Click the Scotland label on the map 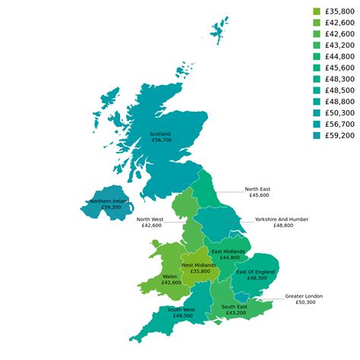[x=161, y=134]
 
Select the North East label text [x=257, y=189]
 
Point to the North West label [x=149, y=219]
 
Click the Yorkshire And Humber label [x=281, y=219]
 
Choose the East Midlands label [x=228, y=251]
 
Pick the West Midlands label [x=198, y=265]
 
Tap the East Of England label [x=255, y=271]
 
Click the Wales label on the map [x=170, y=276]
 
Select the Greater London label [x=304, y=295]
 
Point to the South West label [x=182, y=309]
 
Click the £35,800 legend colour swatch [x=317, y=11]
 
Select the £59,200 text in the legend [x=339, y=135]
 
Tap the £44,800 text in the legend [x=339, y=56]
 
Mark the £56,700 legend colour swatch [x=317, y=124]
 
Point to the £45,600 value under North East [x=258, y=195]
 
